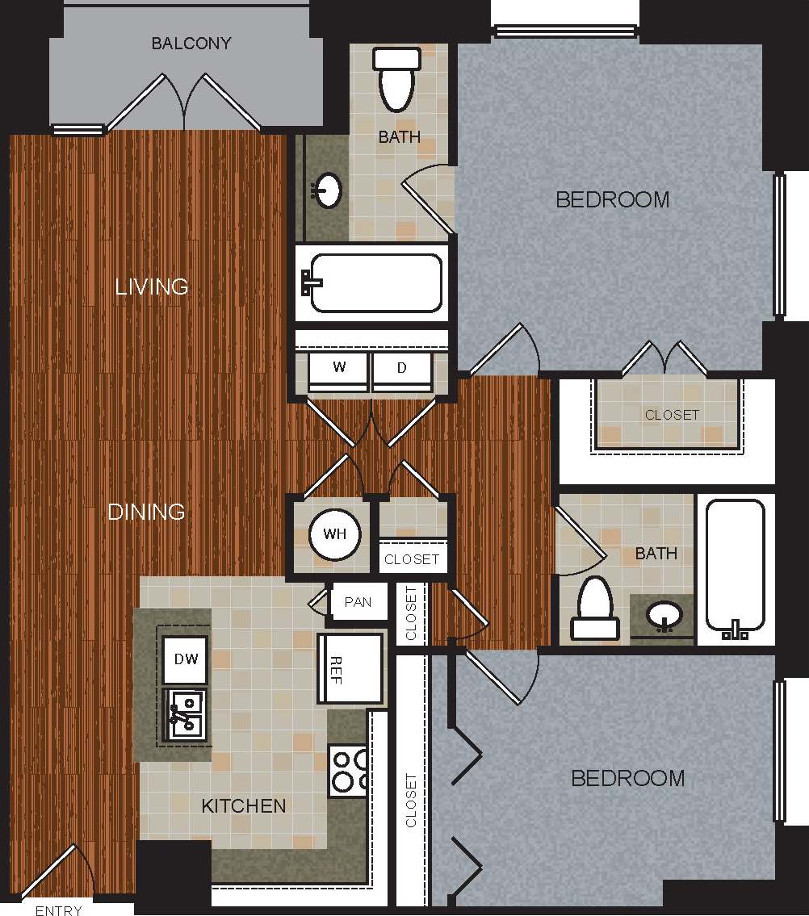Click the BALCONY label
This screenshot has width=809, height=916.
point(191,44)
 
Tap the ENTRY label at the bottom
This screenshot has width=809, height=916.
point(59,910)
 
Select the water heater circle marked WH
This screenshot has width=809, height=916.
point(334,534)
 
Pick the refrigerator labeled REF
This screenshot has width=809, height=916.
point(350,668)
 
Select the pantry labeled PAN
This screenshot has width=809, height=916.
point(358,602)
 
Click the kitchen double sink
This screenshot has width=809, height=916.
point(186,714)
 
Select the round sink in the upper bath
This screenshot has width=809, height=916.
point(328,191)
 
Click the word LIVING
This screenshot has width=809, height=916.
point(152,287)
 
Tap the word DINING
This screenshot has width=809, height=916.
point(146,512)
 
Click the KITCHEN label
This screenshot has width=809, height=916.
point(243,805)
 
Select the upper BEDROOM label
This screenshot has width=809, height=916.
point(613,199)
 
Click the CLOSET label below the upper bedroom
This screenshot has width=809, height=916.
point(672,415)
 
